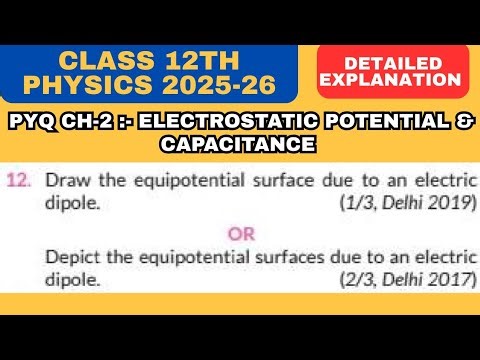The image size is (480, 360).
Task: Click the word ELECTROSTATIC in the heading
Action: pos(203,125)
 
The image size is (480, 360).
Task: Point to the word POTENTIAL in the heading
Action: pos(355,125)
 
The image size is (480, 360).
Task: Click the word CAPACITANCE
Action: pos(238,144)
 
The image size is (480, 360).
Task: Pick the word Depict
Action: pos(71,257)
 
